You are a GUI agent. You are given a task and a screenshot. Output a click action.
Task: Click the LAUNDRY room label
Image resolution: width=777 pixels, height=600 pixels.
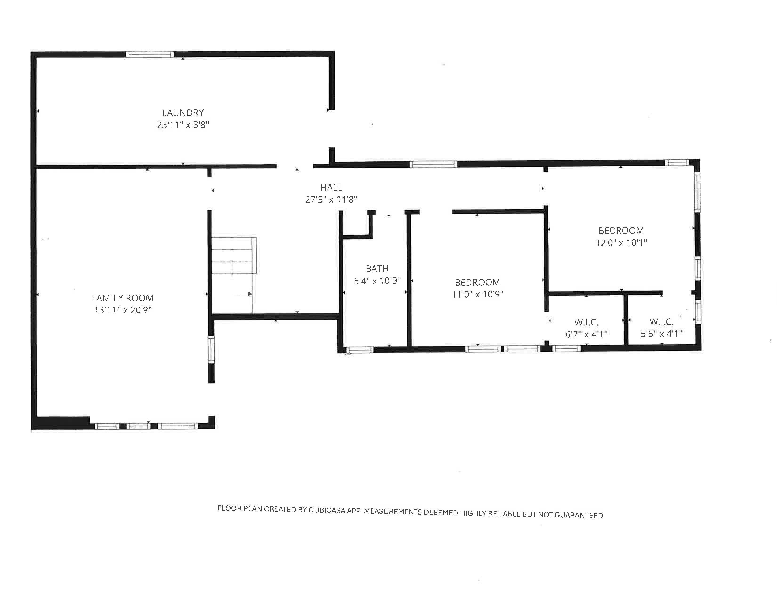[x=183, y=113]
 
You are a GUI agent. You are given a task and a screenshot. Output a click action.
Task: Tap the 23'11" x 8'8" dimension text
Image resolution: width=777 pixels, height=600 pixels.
[x=183, y=125]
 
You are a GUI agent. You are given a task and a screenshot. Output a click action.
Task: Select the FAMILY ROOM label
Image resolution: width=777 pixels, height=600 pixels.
[x=123, y=298]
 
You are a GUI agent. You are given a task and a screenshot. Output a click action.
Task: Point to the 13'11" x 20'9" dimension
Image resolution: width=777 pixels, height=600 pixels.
[x=123, y=310]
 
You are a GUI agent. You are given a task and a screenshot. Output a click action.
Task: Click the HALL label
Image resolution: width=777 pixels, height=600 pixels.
[x=331, y=187]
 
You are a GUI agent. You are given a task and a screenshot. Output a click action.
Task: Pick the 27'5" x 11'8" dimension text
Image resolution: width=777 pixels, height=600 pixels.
[x=331, y=199]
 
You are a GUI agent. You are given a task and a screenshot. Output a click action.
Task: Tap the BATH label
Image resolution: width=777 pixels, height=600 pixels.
[x=377, y=268]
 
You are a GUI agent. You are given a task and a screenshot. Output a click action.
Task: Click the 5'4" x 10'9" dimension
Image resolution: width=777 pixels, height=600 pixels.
[x=377, y=281]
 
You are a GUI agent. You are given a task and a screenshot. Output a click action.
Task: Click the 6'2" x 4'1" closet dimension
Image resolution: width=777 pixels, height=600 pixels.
[x=586, y=334]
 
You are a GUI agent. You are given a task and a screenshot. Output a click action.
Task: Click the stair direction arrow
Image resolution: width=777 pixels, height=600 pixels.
[x=242, y=294]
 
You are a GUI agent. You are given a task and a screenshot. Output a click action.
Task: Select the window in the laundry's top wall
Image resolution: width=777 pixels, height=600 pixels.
[x=150, y=54]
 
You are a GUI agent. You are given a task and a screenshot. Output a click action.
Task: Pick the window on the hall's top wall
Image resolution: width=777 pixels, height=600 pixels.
[x=433, y=164]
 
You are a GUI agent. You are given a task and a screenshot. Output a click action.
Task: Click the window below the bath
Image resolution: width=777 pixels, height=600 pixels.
[x=360, y=350]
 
